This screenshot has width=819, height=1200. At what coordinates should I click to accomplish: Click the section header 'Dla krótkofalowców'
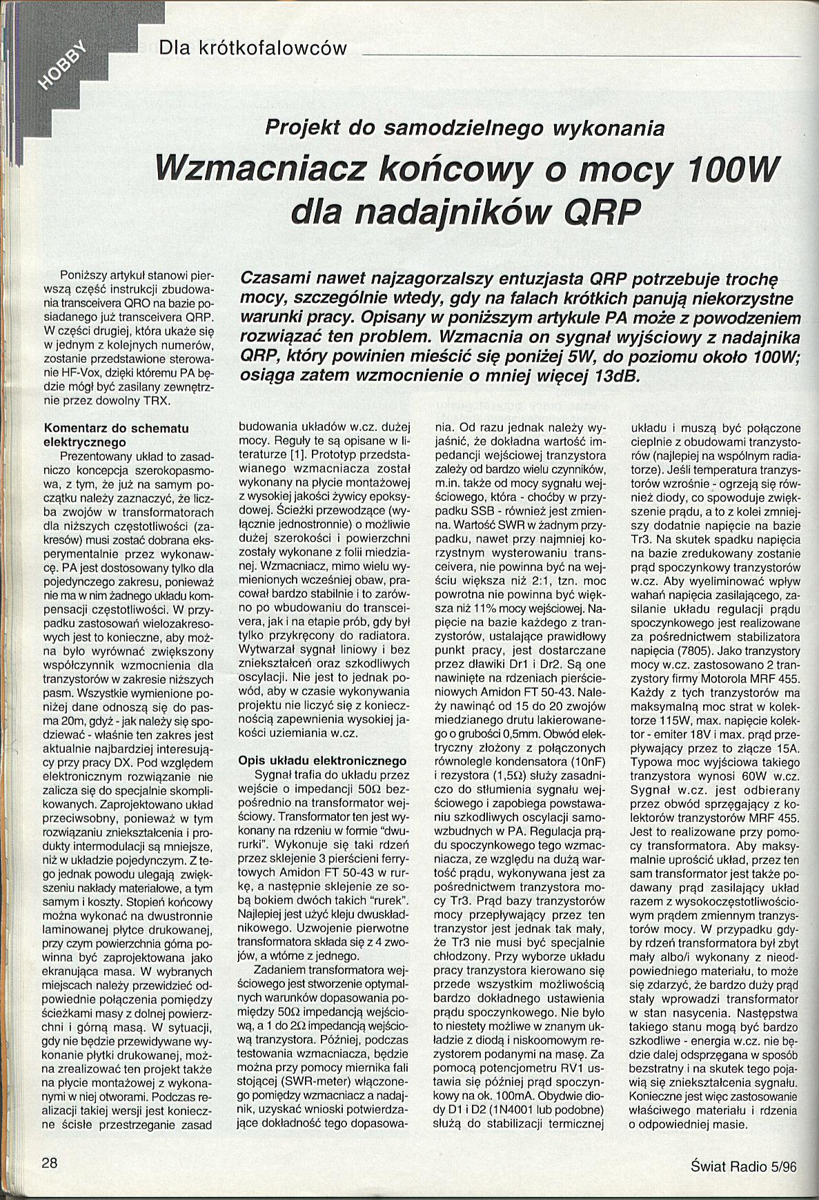click(251, 48)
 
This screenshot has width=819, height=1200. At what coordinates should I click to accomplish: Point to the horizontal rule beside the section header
click(580, 54)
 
